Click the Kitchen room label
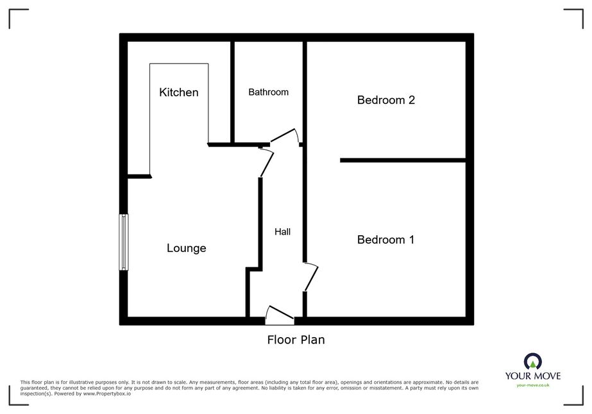(178, 92)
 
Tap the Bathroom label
(269, 92)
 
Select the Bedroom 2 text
(386, 100)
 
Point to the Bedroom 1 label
(385, 240)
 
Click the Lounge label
(187, 248)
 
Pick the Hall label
(282, 232)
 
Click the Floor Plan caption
(296, 340)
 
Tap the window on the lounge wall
(123, 242)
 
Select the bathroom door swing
(284, 135)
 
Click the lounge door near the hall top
(267, 163)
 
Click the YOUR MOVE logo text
(533, 376)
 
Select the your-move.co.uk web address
(533, 385)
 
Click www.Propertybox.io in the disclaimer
(107, 393)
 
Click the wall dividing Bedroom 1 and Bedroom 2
(403, 160)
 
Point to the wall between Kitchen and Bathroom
(233, 92)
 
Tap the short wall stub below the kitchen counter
(139, 176)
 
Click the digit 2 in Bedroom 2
(412, 100)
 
